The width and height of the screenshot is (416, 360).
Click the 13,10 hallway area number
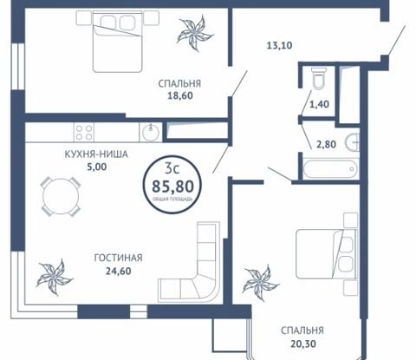(279, 45)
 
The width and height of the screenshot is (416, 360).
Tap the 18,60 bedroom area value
(180, 95)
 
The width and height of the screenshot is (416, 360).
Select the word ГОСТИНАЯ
(119, 258)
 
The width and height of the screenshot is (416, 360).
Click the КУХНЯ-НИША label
(96, 154)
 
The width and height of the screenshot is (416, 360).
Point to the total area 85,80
(172, 186)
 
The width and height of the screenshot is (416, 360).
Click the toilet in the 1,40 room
(319, 77)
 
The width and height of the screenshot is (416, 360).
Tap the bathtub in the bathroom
(329, 169)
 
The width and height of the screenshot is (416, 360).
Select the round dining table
(61, 197)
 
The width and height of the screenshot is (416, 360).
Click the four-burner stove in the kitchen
(84, 132)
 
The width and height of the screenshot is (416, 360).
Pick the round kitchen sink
(151, 133)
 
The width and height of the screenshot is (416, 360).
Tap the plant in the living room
(55, 277)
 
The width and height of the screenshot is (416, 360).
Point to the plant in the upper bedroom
(195, 33)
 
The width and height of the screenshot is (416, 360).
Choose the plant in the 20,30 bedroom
(260, 282)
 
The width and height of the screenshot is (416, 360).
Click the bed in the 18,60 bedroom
(118, 42)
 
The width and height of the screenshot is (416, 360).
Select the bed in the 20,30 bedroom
(327, 254)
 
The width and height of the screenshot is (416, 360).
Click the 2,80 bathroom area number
(326, 144)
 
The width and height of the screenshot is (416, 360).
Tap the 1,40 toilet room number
(319, 104)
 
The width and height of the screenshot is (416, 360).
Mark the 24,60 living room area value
(118, 271)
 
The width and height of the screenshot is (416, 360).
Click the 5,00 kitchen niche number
(97, 167)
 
